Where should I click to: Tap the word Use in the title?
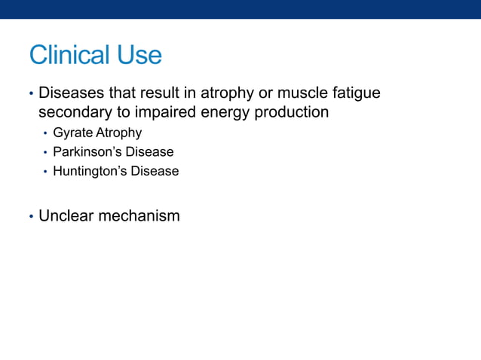tap(139, 55)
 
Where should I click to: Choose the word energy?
tap(222, 113)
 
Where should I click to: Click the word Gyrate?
tap(72, 133)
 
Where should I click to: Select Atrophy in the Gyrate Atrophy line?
tap(118, 133)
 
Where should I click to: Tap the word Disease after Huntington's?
tap(155, 171)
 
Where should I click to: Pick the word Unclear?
tap(66, 216)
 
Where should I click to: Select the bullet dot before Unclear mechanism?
tap(31, 217)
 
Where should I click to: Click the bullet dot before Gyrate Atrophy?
tap(45, 134)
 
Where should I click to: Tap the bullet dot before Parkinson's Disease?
tap(45, 153)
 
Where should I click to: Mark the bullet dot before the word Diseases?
tap(31, 95)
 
